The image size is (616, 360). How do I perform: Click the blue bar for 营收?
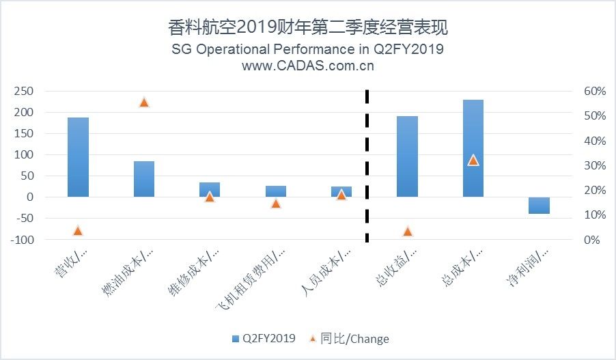pos(78,157)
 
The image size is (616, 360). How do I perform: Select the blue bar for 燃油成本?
pos(144,179)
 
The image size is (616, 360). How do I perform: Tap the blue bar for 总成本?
pos(473,148)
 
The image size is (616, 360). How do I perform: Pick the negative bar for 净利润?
pos(539,205)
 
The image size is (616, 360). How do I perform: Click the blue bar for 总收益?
pos(407,156)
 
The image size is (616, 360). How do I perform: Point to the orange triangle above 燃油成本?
pos(144,102)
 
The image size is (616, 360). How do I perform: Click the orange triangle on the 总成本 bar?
pos(473,161)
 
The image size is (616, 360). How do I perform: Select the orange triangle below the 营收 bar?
pos(78,230)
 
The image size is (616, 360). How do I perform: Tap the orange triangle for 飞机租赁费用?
pos(276,203)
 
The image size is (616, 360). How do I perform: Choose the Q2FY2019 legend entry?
pos(264,338)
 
